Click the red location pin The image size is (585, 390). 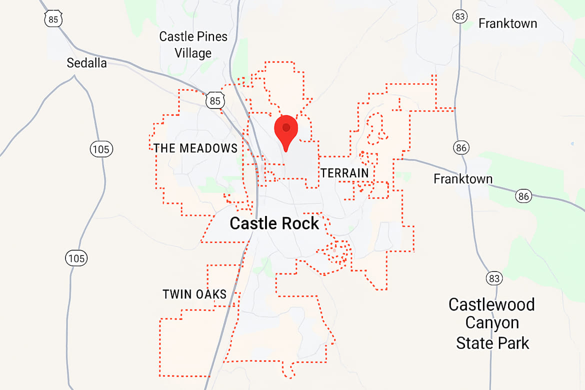point(286,129)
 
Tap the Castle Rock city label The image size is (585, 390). point(274,223)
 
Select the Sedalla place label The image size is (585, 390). point(87,63)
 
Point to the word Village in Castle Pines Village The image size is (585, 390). point(193,53)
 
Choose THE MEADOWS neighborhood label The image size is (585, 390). point(195,148)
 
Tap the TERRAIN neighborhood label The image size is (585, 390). point(344,173)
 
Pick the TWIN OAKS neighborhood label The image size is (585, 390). point(194,294)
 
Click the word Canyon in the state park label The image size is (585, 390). point(492,323)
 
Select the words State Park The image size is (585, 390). point(492,343)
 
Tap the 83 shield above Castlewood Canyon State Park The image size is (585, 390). point(494,278)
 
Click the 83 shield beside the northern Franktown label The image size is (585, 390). point(460,16)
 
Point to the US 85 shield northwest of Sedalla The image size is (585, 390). point(52,19)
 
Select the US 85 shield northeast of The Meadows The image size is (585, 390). point(214,100)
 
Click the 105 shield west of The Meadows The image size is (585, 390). point(101,148)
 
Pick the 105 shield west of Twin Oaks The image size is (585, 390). point(76,258)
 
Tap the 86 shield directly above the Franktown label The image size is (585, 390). point(461,147)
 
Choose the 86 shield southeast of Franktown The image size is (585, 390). point(523,196)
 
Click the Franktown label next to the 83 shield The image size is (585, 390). point(507,23)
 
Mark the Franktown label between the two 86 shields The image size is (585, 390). point(462,178)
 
